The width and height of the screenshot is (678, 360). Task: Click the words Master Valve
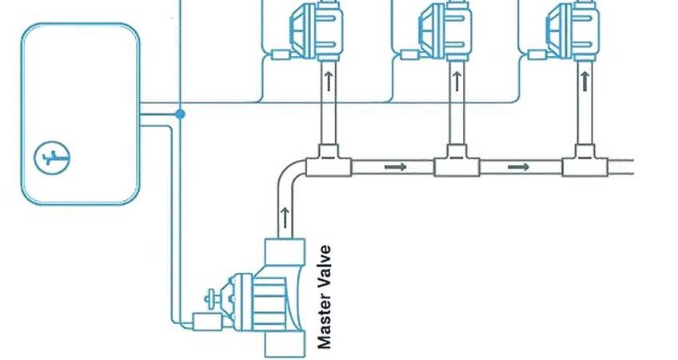click(x=324, y=297)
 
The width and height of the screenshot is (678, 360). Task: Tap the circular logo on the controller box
click(x=53, y=158)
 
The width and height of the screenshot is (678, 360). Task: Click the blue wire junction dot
click(x=181, y=114)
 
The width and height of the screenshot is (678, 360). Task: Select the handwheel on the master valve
click(x=213, y=298)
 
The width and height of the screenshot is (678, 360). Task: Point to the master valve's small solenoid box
click(x=206, y=321)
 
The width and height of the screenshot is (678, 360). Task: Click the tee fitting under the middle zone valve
click(x=456, y=164)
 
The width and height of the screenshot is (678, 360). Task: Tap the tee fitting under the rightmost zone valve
click(x=584, y=164)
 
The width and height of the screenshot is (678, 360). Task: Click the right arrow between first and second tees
click(x=393, y=167)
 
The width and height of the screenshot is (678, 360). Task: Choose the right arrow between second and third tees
click(x=520, y=167)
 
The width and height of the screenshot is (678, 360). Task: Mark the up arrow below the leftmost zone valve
click(x=328, y=80)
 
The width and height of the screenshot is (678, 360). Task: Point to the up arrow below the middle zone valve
click(x=457, y=80)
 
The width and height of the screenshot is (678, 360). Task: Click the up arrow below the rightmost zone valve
click(x=586, y=80)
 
